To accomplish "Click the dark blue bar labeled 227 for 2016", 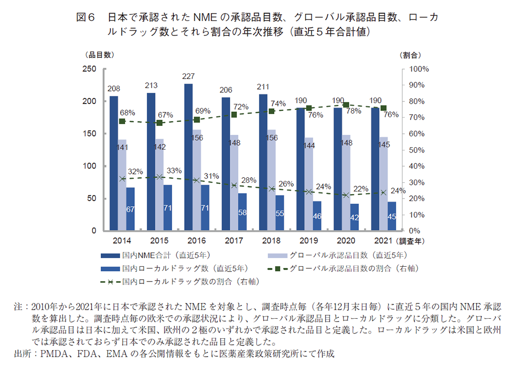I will (188, 157).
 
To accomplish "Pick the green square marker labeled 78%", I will (346, 105).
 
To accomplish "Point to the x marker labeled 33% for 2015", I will (160, 177).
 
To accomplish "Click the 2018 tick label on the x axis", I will (271, 241).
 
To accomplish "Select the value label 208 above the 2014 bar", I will (113, 89).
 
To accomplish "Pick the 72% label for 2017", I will (241, 107).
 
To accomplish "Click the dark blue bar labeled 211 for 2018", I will (263, 162).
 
